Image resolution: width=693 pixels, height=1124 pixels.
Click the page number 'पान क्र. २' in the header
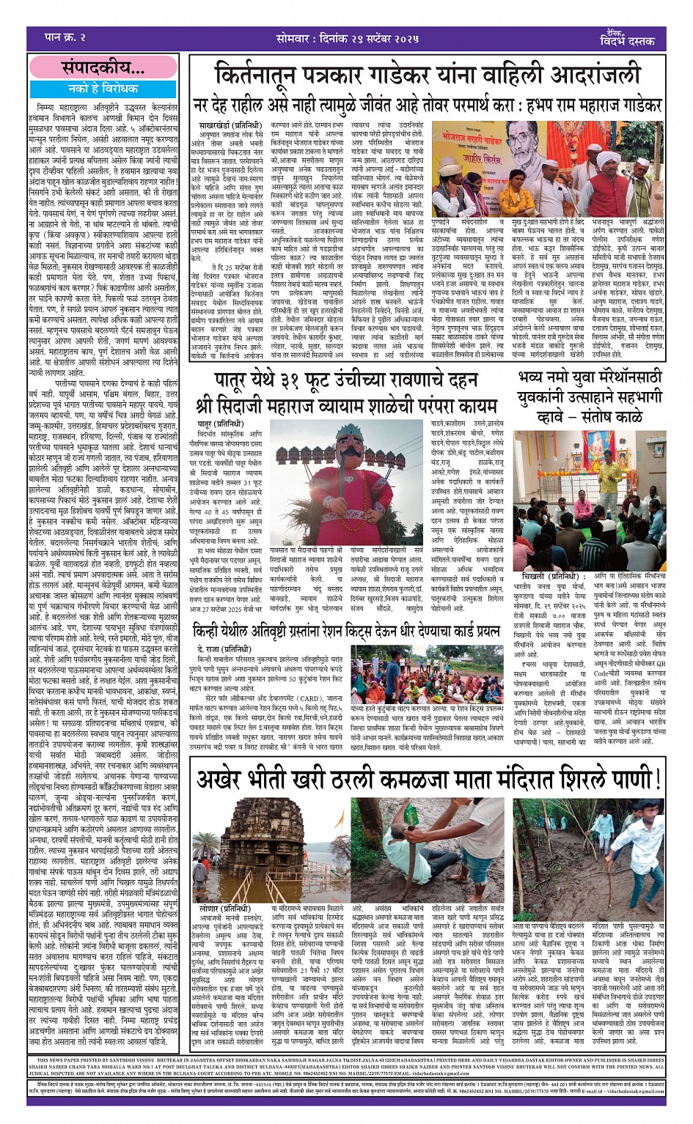point(66,37)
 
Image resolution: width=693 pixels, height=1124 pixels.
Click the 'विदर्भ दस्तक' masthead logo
point(627,37)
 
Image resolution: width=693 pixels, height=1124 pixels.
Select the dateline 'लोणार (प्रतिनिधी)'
point(223,908)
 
